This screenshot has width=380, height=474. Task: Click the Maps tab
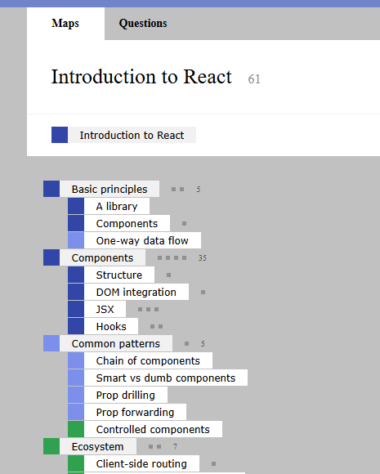[65, 23]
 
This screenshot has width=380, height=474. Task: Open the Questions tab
[143, 23]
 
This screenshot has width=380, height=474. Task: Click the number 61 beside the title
[254, 79]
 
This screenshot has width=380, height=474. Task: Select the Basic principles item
[110, 190]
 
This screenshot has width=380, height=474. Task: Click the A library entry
[117, 207]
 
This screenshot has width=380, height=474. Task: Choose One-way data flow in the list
[142, 240]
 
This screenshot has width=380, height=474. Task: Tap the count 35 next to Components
[202, 258]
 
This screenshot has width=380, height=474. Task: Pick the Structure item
[119, 275]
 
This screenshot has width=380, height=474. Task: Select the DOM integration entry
[136, 293]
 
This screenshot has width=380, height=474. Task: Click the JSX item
[105, 310]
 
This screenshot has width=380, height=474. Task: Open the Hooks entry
[111, 326]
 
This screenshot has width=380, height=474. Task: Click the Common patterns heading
[116, 344]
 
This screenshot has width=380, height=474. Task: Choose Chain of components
[148, 361]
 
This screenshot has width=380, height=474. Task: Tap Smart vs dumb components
[166, 378]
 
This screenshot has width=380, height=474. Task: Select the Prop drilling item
[126, 395]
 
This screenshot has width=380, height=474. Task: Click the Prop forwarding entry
[135, 413]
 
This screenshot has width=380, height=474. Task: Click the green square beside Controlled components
[76, 429]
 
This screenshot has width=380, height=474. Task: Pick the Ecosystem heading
[97, 447]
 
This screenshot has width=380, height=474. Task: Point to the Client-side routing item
[141, 463]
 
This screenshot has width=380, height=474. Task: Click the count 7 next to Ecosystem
[175, 446]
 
